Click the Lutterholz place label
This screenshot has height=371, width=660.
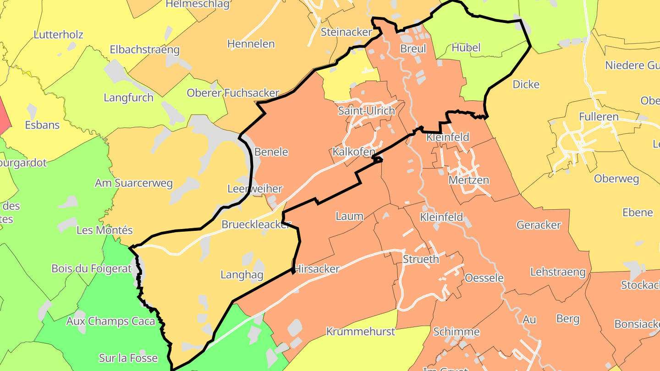click(x=58, y=34)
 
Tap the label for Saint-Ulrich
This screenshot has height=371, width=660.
click(x=366, y=111)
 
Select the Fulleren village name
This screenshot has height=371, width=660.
click(x=599, y=116)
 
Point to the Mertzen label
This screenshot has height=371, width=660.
click(x=468, y=180)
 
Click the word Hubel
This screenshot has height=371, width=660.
click(x=466, y=48)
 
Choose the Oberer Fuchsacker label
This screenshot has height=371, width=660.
click(x=233, y=93)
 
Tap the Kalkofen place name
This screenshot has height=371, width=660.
click(x=354, y=152)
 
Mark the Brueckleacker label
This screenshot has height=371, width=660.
click(x=256, y=224)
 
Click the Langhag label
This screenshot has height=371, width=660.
click(x=242, y=275)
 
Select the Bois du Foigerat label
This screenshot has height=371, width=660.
click(x=92, y=268)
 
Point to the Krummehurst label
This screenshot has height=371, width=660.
click(x=360, y=332)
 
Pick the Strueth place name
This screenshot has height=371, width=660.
click(x=421, y=259)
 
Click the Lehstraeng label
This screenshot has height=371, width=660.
click(x=558, y=272)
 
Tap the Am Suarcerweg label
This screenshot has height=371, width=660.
click(x=133, y=183)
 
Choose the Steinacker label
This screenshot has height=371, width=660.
click(x=346, y=32)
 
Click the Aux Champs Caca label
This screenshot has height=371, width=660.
click(x=110, y=321)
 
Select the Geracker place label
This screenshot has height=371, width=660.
click(x=539, y=225)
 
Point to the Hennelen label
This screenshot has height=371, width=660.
click(x=251, y=44)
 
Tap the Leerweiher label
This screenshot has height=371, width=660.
click(x=255, y=189)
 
